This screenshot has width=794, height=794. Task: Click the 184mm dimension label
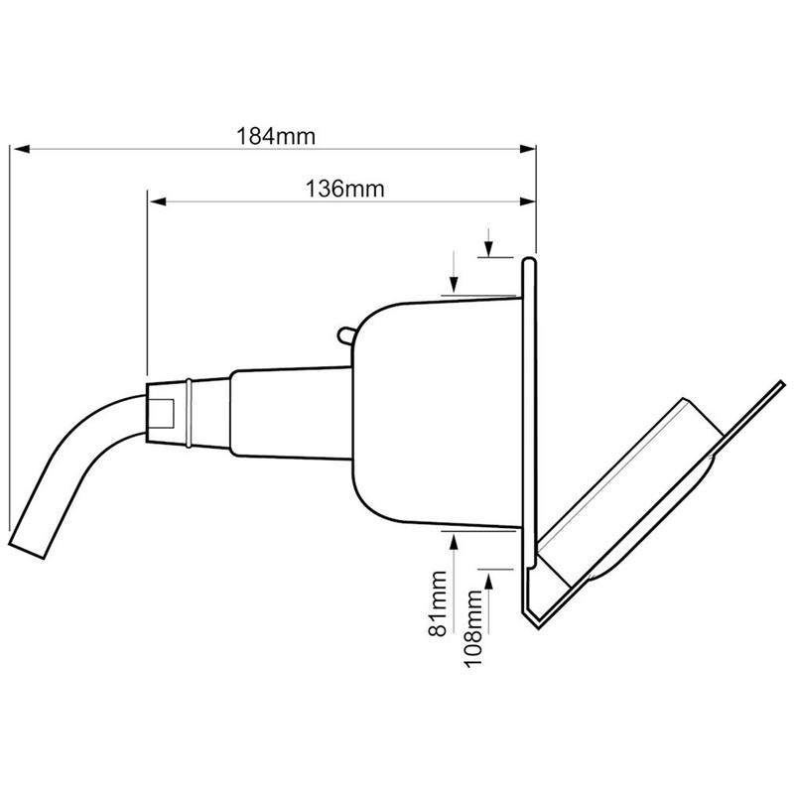[x=276, y=136]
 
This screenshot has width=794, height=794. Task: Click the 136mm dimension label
[x=344, y=189]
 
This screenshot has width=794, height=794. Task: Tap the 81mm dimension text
[x=438, y=603]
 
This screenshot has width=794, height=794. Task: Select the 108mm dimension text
[x=473, y=628]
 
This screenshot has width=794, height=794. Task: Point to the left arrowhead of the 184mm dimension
[x=22, y=149]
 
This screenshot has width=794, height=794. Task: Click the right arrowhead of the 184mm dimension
[x=528, y=149]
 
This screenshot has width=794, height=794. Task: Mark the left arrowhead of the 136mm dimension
[x=158, y=201]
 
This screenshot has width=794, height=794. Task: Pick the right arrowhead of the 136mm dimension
[x=528, y=201]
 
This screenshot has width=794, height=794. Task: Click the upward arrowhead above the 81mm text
[x=454, y=541]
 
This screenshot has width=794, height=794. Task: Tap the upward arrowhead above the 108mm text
[x=488, y=581]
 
